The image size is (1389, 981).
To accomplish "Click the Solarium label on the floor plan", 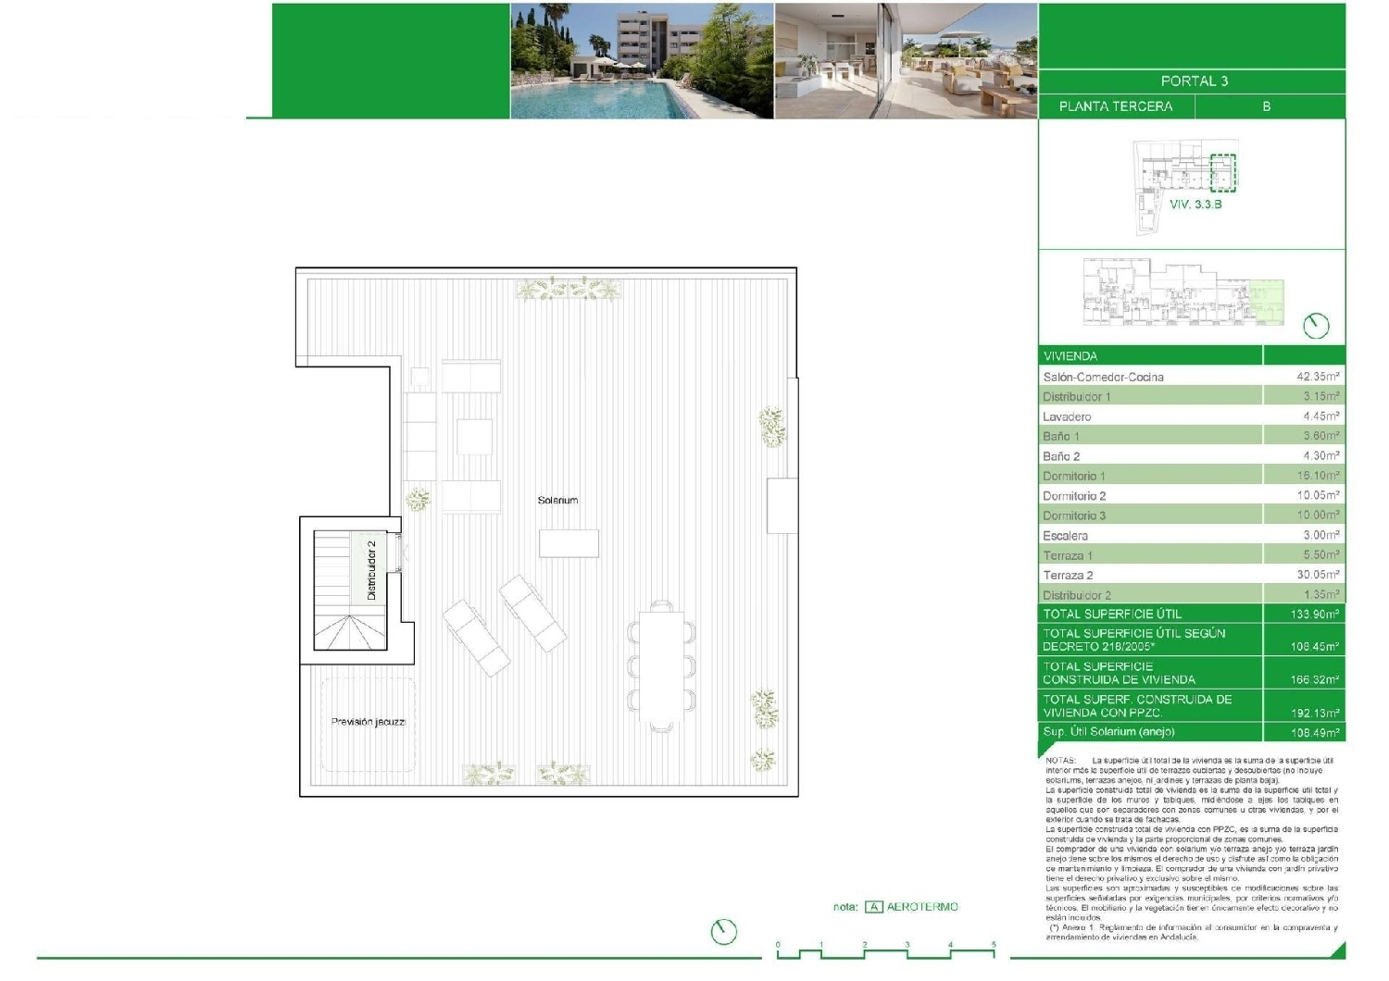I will click(x=557, y=500).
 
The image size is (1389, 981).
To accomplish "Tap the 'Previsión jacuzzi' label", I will click(x=369, y=722).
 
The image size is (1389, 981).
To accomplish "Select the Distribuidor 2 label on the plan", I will click(x=371, y=570).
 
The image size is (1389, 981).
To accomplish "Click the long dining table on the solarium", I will click(x=661, y=665).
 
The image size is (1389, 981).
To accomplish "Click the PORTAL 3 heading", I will click(x=1194, y=81).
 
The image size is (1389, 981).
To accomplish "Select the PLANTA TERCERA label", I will click(x=1115, y=106).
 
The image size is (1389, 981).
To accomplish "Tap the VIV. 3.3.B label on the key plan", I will click(x=1195, y=205).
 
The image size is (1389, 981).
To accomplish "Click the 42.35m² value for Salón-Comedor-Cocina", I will click(x=1317, y=377).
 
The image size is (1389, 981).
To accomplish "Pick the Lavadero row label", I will click(x=1067, y=416).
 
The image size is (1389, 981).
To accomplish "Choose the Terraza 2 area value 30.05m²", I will click(x=1317, y=575).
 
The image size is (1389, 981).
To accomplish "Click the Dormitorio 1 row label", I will click(x=1073, y=476).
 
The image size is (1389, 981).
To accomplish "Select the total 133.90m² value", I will click(x=1315, y=615).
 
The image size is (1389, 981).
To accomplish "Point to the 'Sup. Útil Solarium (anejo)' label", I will click(x=1108, y=732).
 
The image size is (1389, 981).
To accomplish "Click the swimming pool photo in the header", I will click(x=642, y=61).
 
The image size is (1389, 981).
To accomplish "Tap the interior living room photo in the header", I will click(x=905, y=61).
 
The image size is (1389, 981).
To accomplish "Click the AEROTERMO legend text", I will click(x=922, y=907).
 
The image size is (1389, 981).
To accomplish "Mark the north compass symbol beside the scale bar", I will click(x=723, y=931).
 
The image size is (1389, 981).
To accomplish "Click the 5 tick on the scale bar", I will click(x=994, y=946).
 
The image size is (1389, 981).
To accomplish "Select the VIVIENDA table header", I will click(x=1070, y=356).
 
